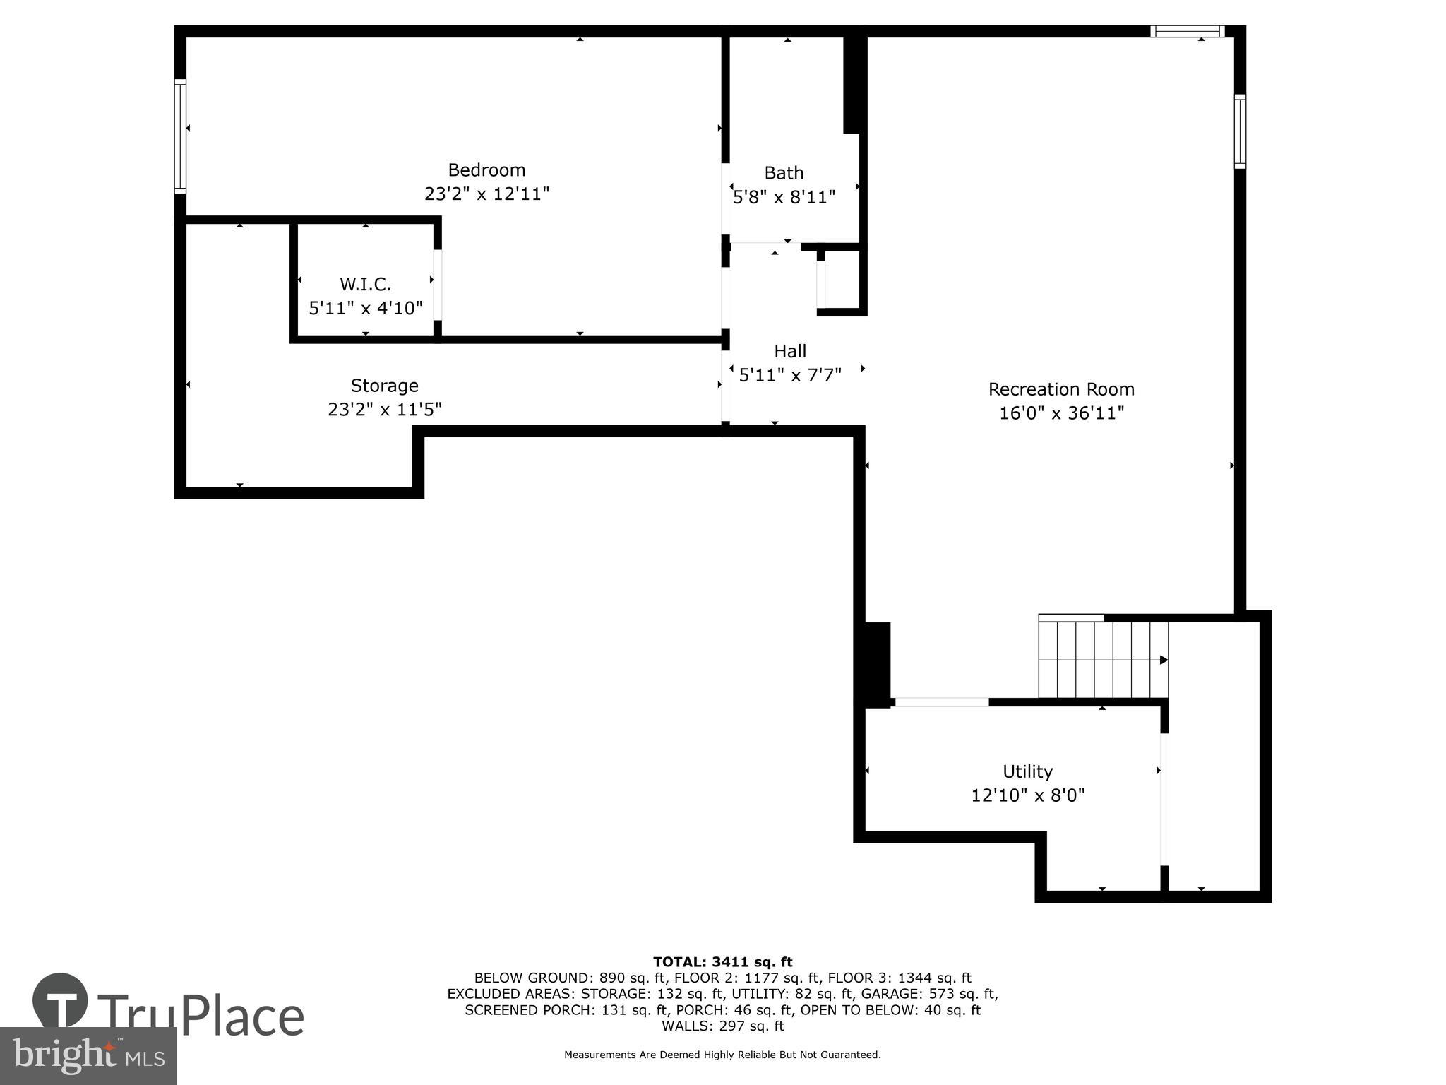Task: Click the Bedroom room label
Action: click(x=486, y=170)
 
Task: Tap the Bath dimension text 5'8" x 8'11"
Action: click(x=784, y=197)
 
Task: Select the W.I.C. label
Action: click(x=365, y=284)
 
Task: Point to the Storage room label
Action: click(x=384, y=386)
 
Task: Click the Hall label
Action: click(x=789, y=351)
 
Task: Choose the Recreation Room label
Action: click(x=1060, y=389)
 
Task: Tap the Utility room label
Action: click(x=1027, y=771)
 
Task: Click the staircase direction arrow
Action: click(x=1163, y=660)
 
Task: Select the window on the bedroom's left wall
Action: click(x=181, y=136)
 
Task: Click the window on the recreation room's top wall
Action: click(x=1187, y=31)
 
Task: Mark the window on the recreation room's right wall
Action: click(x=1240, y=131)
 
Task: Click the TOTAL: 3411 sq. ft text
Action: click(x=722, y=961)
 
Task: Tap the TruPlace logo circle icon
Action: click(x=61, y=1000)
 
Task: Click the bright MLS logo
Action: click(x=88, y=1055)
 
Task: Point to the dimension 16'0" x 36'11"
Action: click(x=1060, y=413)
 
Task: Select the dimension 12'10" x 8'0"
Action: click(x=1027, y=795)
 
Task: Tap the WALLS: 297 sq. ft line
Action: click(x=722, y=1026)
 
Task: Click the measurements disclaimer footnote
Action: click(x=722, y=1055)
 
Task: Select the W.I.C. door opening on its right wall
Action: click(x=438, y=285)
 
